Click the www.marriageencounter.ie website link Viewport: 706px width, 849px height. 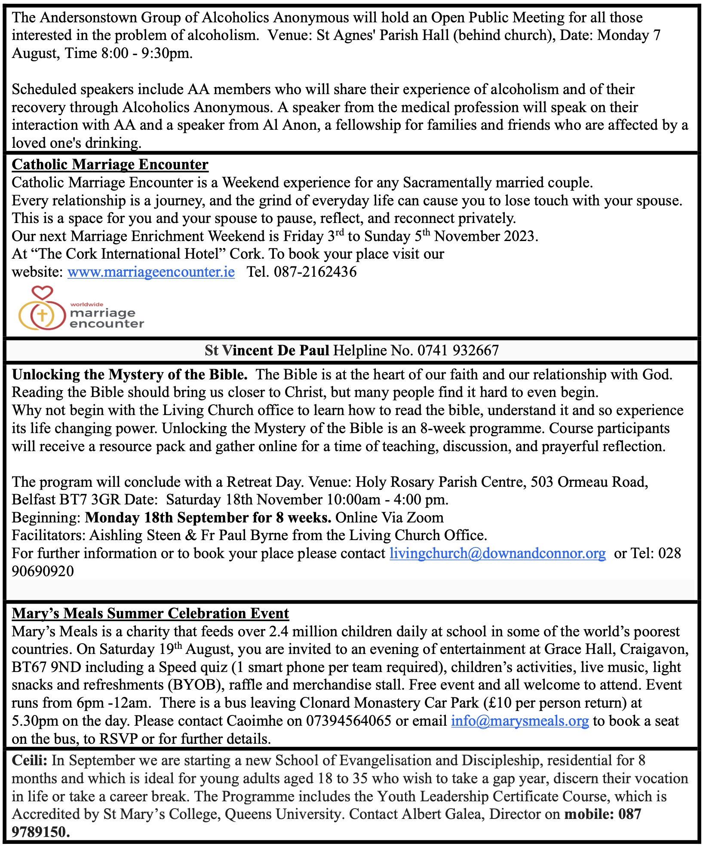(x=151, y=272)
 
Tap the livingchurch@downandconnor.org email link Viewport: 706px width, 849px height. (x=497, y=553)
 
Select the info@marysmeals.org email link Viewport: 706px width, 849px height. (x=519, y=721)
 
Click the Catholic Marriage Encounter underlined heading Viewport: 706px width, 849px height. (x=110, y=165)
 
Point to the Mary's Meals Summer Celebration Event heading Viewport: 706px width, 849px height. (x=150, y=614)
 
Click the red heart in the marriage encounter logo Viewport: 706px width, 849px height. (x=43, y=293)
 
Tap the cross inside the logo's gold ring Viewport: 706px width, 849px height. (x=42, y=315)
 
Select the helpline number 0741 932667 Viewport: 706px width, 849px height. (x=458, y=351)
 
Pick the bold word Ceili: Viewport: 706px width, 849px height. (x=30, y=760)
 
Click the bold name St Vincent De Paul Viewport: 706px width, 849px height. (x=267, y=351)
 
